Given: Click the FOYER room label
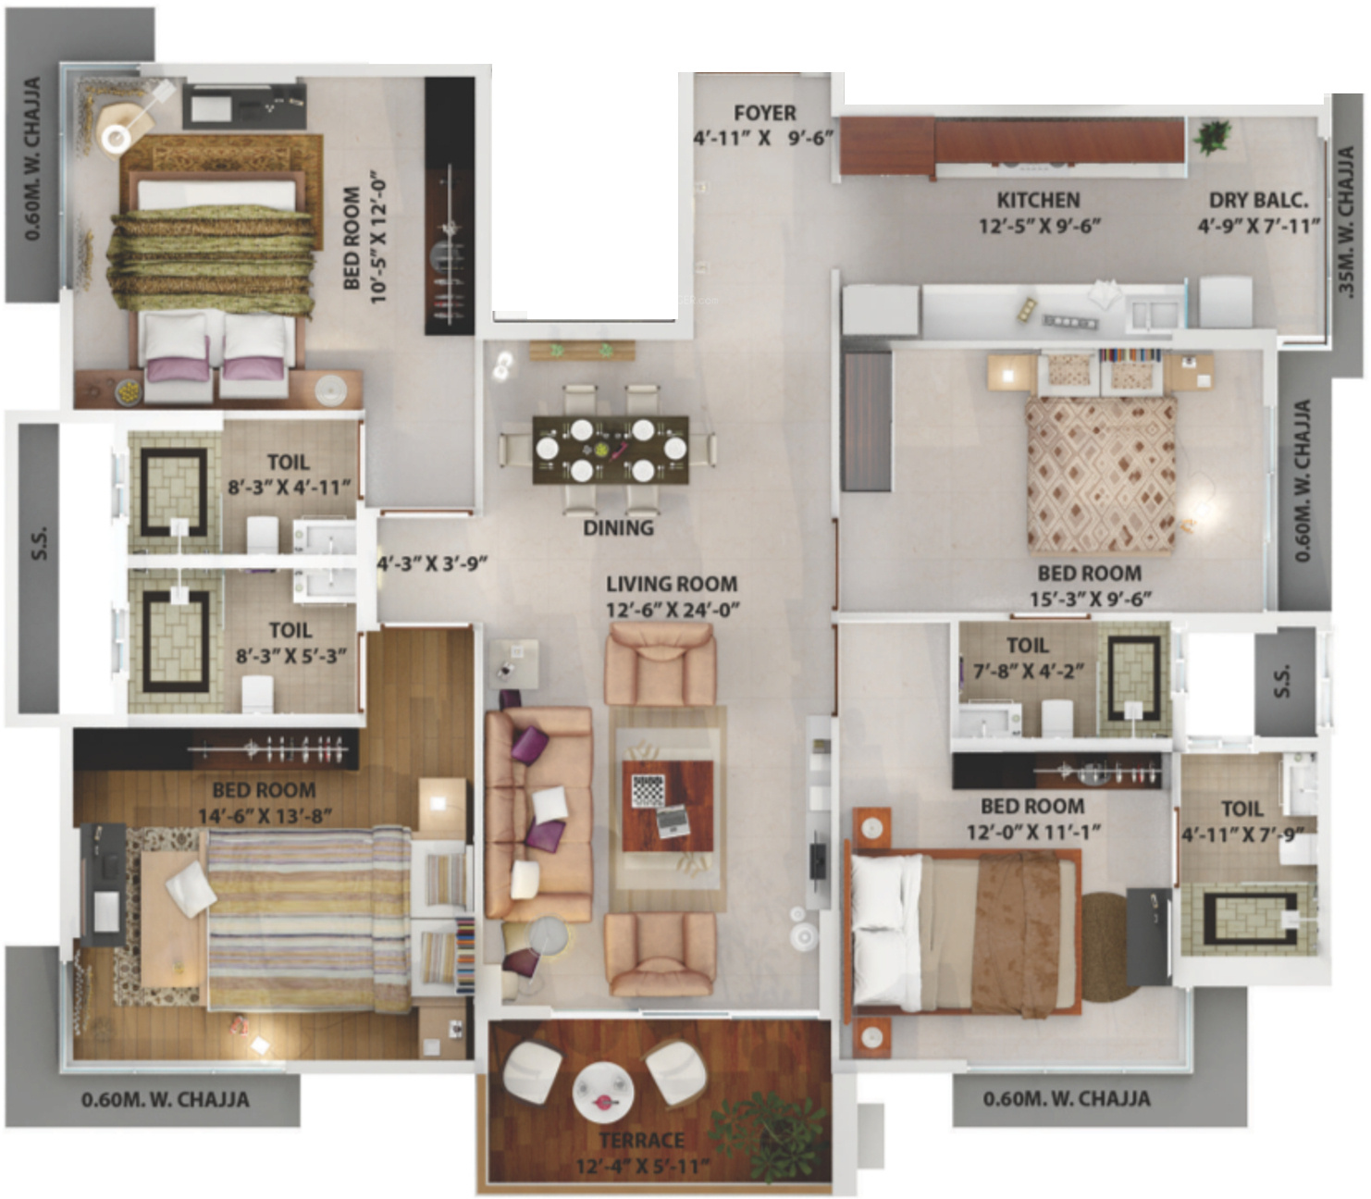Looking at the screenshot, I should pyautogui.click(x=765, y=113).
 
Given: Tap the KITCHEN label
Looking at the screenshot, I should pyautogui.click(x=1038, y=200).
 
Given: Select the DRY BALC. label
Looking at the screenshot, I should pyautogui.click(x=1258, y=200).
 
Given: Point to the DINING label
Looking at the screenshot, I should pyautogui.click(x=618, y=527).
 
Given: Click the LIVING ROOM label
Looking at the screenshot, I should pyautogui.click(x=672, y=584).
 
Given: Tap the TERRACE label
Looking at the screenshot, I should pyautogui.click(x=641, y=1140).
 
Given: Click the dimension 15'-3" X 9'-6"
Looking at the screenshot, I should pyautogui.click(x=1091, y=599).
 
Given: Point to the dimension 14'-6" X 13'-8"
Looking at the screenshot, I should pyautogui.click(x=265, y=816).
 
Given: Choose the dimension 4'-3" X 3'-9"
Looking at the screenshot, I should pyautogui.click(x=432, y=563).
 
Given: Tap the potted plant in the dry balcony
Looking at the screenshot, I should pyautogui.click(x=1213, y=137).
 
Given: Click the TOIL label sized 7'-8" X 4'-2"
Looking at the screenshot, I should pyautogui.click(x=1027, y=645).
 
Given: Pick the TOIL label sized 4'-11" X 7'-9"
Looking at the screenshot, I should pyautogui.click(x=1241, y=809).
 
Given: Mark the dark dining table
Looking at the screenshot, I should pyautogui.click(x=611, y=449).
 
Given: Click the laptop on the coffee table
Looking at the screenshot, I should pyautogui.click(x=673, y=821).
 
